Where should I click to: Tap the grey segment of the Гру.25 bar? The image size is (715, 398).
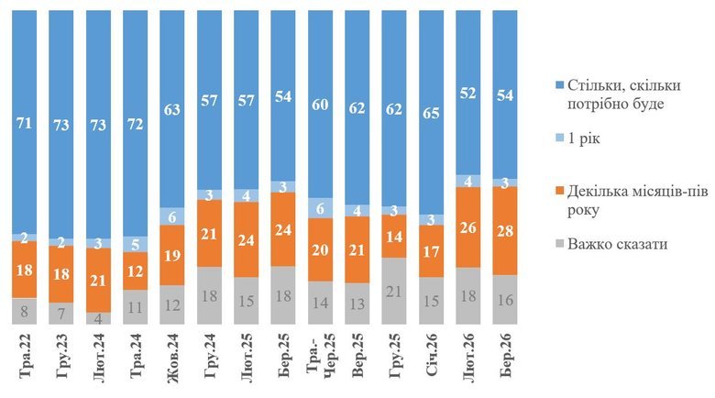394,291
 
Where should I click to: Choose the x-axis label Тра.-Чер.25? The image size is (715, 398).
320,363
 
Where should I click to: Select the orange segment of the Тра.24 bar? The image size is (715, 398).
135,271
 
